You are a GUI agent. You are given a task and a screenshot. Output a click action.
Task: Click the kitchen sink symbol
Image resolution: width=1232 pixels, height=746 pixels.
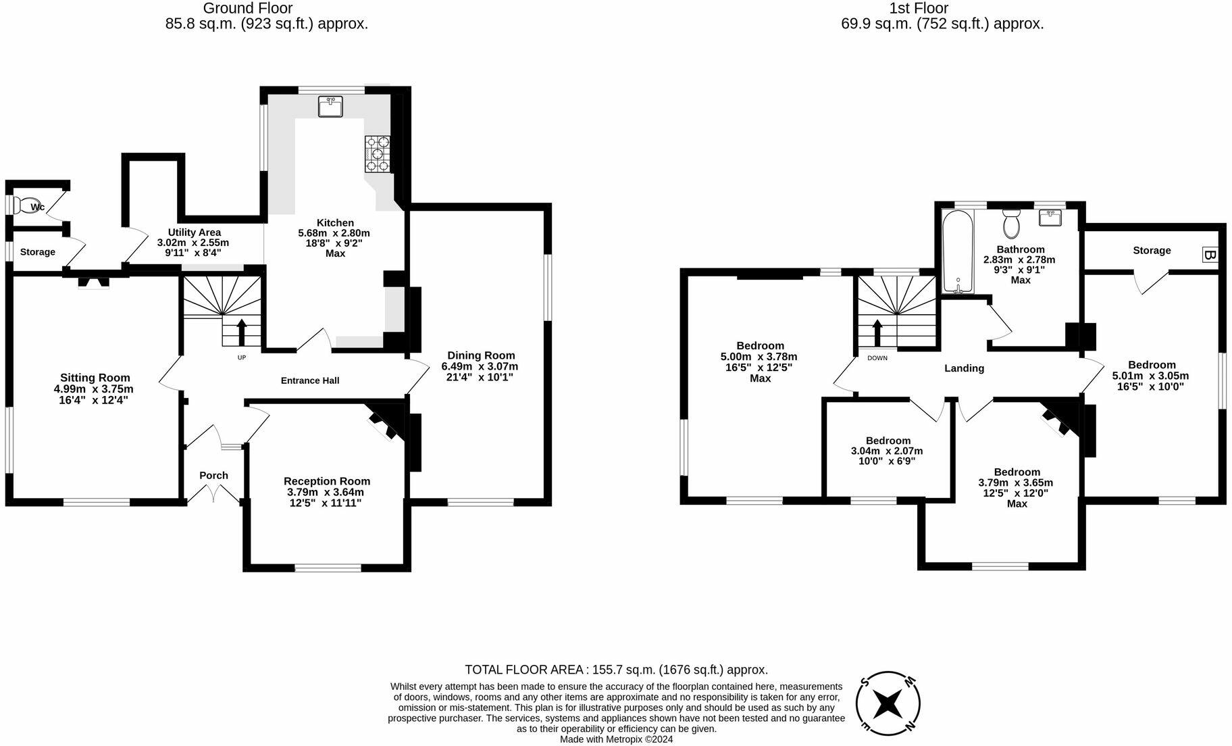330,106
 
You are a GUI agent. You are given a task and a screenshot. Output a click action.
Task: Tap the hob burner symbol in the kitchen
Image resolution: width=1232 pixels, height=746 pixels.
378,153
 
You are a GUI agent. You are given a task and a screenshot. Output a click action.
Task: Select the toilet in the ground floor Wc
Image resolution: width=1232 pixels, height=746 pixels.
27,205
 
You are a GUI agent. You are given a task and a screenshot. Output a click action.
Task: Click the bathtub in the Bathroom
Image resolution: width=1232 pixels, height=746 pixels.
958,251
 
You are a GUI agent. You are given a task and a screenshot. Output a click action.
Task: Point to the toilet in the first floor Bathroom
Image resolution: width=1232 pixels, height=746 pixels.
1011,224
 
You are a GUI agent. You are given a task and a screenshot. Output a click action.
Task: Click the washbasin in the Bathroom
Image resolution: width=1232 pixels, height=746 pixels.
1050,218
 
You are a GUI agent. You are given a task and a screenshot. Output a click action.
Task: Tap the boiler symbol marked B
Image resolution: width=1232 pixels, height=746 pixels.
1210,255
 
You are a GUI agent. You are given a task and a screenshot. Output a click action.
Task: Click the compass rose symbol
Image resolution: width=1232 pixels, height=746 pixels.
888,704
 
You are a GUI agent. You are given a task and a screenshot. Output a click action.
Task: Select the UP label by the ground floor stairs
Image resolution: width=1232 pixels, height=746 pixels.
242,357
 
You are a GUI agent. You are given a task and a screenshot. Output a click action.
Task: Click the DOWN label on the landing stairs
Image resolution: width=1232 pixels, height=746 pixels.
877,358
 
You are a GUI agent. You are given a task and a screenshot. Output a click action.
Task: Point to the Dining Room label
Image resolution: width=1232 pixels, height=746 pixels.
481,355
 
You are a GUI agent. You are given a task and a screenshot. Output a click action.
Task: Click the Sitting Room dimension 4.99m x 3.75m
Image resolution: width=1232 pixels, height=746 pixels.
94,389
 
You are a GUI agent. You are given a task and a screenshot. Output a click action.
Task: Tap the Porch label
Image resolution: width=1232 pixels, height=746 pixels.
213,476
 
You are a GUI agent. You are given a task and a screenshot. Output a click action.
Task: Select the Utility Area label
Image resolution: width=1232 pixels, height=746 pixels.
194,232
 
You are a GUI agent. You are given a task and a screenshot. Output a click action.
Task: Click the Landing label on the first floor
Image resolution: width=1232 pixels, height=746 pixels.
964,368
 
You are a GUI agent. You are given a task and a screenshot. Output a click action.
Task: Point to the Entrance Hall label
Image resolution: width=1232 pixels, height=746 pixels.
310,380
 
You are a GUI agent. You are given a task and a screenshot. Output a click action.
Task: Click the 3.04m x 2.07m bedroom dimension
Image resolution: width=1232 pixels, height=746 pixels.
887,451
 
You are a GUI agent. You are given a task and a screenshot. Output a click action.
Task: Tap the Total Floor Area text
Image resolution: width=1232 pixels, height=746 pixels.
616,670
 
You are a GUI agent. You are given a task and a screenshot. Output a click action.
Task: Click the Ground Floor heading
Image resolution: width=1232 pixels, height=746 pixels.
248,9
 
